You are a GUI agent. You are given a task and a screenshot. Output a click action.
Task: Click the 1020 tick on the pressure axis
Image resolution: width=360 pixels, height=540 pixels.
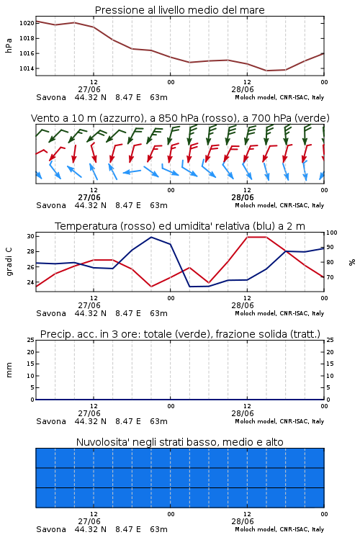(27, 23)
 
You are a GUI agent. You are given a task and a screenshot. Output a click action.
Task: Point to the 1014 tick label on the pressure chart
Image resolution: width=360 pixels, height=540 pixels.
(27, 68)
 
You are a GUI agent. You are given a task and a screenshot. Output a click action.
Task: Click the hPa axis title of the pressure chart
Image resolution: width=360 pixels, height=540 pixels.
(9, 45)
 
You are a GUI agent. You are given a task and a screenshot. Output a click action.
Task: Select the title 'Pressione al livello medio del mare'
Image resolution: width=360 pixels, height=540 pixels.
(180, 10)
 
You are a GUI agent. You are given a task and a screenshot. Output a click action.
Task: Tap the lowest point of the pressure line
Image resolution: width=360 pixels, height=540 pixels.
(266, 71)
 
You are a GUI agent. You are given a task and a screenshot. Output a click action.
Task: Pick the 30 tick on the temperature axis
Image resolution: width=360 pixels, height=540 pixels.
(30, 236)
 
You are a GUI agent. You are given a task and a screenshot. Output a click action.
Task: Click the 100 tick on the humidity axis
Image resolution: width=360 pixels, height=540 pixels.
(332, 233)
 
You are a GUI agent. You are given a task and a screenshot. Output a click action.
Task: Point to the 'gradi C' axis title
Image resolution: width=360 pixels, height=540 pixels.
(9, 262)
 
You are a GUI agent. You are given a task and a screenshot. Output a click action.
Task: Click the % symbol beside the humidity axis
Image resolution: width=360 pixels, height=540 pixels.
(352, 262)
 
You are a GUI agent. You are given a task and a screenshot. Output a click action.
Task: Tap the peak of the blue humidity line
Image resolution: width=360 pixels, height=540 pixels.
(151, 237)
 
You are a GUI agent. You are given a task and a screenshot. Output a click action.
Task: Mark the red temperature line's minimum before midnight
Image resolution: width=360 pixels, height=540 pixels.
(151, 287)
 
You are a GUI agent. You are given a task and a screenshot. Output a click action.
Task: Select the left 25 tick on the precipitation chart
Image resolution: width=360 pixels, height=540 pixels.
(31, 340)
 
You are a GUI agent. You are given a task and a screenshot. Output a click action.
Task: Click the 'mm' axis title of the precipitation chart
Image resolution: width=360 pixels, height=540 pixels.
(9, 370)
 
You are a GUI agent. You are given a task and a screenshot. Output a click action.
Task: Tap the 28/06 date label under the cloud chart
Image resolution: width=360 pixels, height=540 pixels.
(243, 521)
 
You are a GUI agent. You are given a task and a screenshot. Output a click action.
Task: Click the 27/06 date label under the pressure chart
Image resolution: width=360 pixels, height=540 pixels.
(89, 89)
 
